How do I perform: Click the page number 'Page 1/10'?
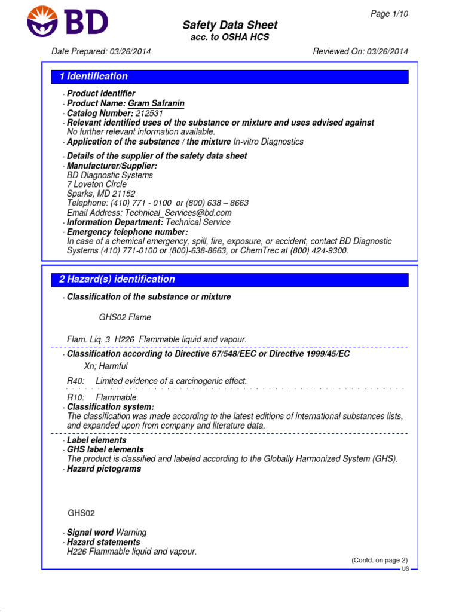click(x=390, y=14)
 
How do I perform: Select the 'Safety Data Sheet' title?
click(x=229, y=25)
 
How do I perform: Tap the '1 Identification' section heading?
click(x=94, y=76)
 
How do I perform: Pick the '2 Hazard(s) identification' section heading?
click(x=117, y=279)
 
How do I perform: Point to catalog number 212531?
click(x=149, y=113)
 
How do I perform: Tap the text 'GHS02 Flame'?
click(x=125, y=317)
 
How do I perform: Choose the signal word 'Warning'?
click(x=131, y=533)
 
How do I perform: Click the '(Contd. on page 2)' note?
click(x=379, y=560)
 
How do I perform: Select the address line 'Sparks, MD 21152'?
click(x=101, y=194)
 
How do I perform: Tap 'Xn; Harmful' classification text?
click(x=106, y=366)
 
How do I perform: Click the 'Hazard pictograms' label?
click(x=104, y=469)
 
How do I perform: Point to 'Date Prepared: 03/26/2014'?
click(x=101, y=51)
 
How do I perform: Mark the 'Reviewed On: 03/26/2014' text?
click(x=360, y=51)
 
